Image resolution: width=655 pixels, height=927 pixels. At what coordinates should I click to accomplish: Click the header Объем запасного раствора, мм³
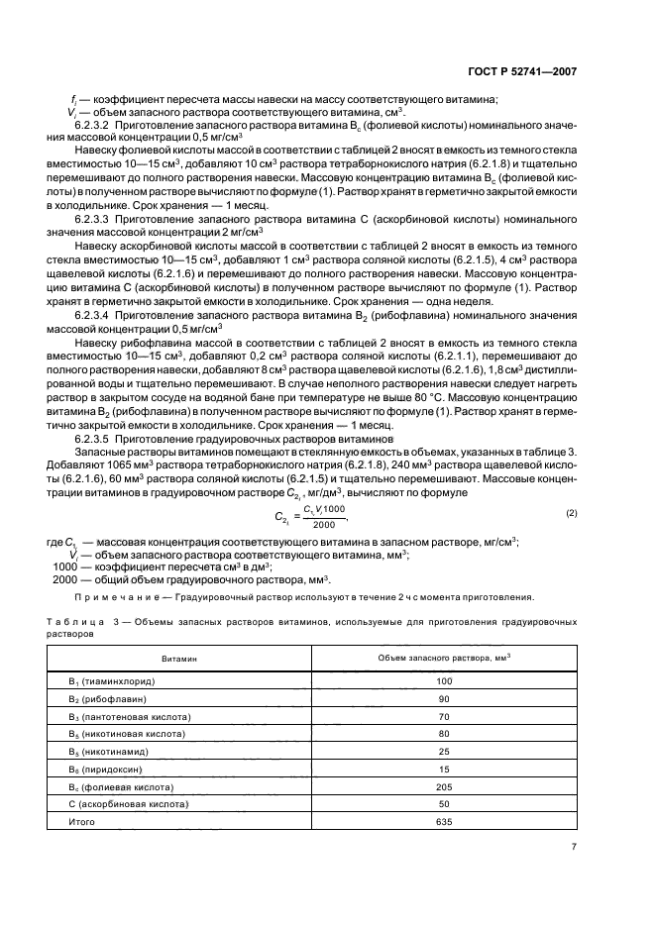click(443, 658)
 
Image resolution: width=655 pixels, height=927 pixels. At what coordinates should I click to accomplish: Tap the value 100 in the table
click(443, 681)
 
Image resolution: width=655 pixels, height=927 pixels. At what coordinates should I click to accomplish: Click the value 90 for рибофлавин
click(443, 699)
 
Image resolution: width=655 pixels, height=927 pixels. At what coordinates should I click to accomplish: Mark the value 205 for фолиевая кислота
click(443, 787)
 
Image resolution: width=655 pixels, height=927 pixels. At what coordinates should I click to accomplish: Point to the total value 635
click(443, 823)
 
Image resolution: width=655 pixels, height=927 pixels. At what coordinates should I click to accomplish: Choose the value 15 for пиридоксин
click(443, 770)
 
